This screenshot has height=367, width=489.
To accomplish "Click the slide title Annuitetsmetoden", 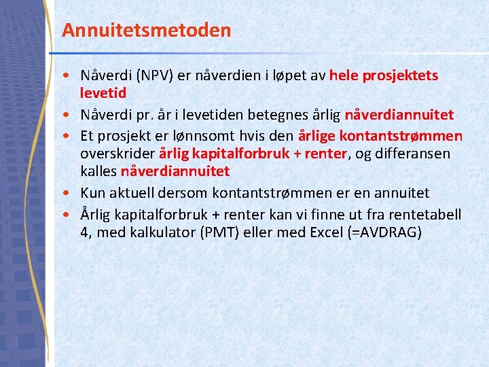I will [x=146, y=31].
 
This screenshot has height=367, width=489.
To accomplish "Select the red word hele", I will [x=344, y=75].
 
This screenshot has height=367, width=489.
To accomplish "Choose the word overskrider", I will [x=117, y=154].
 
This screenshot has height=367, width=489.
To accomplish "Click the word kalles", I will [x=98, y=171].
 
